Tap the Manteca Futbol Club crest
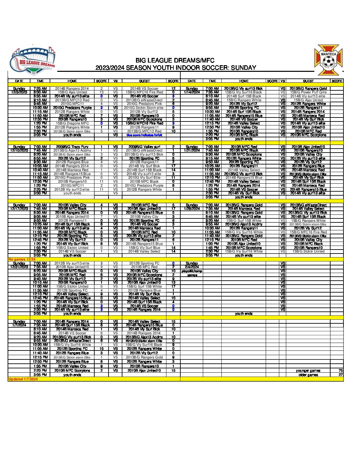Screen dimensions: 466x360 tap(328, 60)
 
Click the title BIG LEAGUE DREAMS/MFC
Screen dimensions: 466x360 tap(175, 61)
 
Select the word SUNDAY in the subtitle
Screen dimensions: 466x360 tap(244, 68)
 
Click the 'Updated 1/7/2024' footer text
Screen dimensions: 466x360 tap(23, 379)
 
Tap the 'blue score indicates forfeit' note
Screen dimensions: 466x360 tap(145, 135)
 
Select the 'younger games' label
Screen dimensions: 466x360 tap(308, 371)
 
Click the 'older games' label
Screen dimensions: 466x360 tap(308, 375)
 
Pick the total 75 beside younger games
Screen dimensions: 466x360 tap(340, 371)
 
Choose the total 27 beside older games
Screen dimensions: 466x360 tap(340, 375)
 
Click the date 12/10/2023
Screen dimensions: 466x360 tap(19, 151)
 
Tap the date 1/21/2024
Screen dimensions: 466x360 tap(192, 151)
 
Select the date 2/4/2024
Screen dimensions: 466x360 tap(192, 267)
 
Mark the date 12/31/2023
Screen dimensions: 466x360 tap(19, 267)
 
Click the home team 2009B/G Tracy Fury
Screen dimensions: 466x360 tap(72, 147)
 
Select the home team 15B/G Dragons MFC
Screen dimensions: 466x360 tap(72, 123)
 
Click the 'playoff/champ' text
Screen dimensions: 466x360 tap(192, 271)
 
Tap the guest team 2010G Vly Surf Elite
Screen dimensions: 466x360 tap(145, 178)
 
